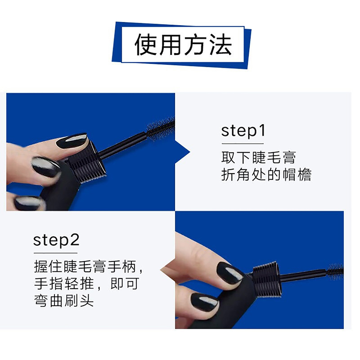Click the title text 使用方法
point(183,45)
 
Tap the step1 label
point(243,131)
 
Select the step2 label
point(56,241)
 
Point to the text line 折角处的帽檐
point(266,175)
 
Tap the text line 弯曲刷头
point(64,301)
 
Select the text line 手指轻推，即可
point(86,283)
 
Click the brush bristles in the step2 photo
point(335,272)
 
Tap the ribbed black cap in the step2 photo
point(267,279)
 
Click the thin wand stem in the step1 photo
point(123,146)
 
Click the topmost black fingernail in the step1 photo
point(72,141)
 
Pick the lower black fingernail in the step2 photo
point(204,302)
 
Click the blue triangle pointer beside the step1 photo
point(183,152)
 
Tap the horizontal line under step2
point(55,253)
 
